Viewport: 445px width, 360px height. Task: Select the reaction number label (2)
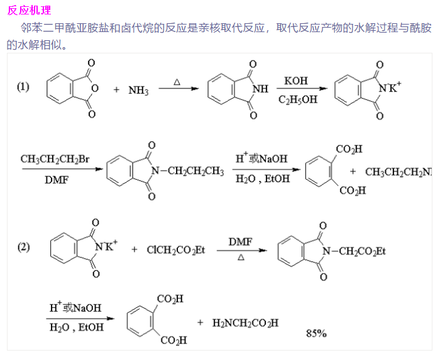click(23, 247)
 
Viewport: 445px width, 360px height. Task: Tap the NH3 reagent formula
click(138, 90)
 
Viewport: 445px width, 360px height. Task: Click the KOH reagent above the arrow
click(296, 81)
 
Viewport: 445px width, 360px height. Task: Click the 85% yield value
click(316, 333)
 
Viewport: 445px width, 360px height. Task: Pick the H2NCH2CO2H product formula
click(245, 323)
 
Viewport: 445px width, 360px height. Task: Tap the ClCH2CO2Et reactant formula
click(176, 250)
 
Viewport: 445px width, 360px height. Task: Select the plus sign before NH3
click(116, 90)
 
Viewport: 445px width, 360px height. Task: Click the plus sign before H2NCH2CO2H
click(201, 323)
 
